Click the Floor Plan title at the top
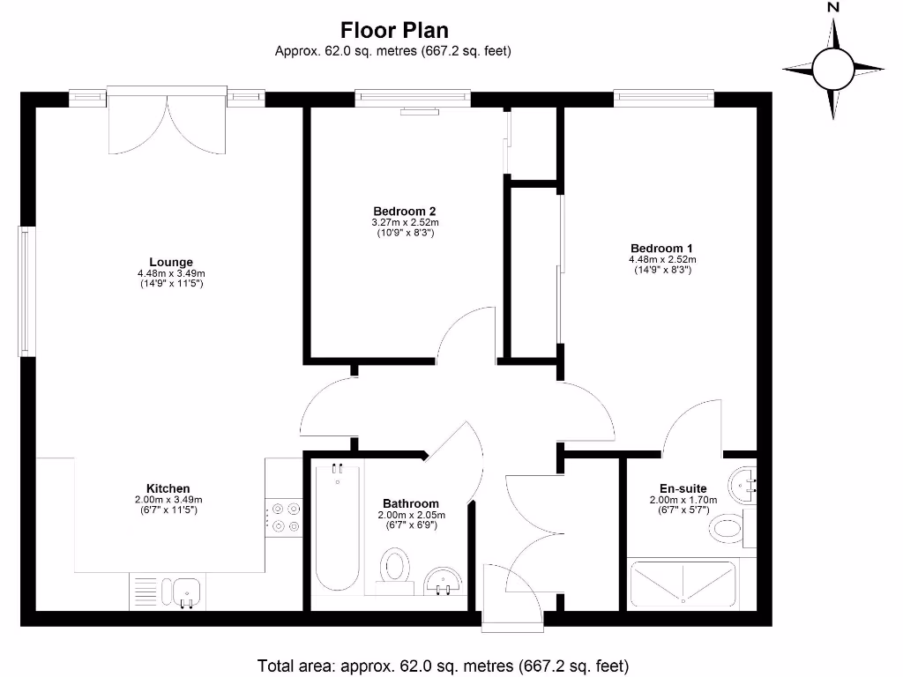pyautogui.click(x=394, y=30)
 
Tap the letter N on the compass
pyautogui.click(x=832, y=7)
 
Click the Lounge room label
pyautogui.click(x=171, y=262)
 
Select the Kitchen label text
pyautogui.click(x=168, y=488)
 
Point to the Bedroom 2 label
pyautogui.click(x=404, y=212)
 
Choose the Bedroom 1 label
pyautogui.click(x=662, y=248)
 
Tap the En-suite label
pyautogui.click(x=683, y=488)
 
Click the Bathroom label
pyautogui.click(x=411, y=503)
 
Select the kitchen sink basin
pyautogui.click(x=186, y=591)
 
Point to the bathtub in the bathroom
pyautogui.click(x=338, y=529)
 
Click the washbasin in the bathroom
pyautogui.click(x=443, y=582)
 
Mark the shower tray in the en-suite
pyautogui.click(x=683, y=584)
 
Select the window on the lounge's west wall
pyautogui.click(x=26, y=291)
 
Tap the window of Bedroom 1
pyautogui.click(x=664, y=98)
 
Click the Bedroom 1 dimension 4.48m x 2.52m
pyautogui.click(x=662, y=260)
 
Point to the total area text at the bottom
pyautogui.click(x=443, y=666)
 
